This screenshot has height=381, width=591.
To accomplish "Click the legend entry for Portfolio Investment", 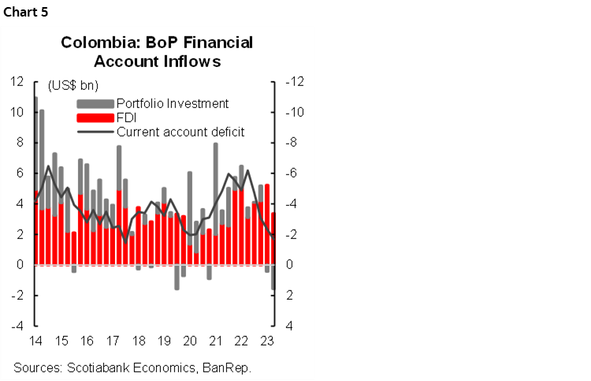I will (172, 103).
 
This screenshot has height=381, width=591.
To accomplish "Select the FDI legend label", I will (126, 118).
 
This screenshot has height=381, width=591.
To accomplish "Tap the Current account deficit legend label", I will (180, 132).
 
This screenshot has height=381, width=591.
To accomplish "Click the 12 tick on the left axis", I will (17, 81).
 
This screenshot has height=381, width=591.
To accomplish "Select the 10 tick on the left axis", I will (17, 112).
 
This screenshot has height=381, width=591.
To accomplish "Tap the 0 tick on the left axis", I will (20, 265).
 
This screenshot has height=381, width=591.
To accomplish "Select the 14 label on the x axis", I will (35, 342).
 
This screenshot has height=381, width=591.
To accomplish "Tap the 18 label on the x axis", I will (138, 342).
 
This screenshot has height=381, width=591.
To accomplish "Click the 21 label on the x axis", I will (214, 342).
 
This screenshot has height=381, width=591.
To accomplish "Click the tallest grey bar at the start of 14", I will (35, 142).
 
